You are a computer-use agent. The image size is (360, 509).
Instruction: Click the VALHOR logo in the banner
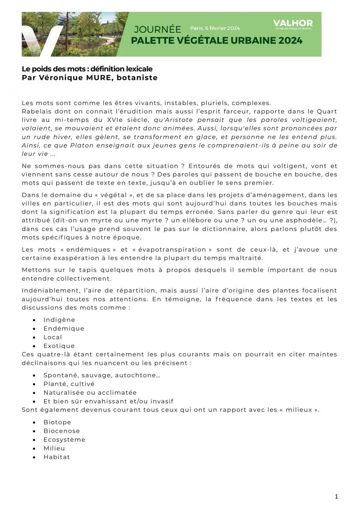pos(293,24)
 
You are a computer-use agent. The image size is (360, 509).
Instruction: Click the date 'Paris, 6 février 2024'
pos(215,28)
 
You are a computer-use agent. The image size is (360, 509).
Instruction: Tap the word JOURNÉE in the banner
pos(157,29)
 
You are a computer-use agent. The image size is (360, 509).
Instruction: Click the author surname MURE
pos(98,78)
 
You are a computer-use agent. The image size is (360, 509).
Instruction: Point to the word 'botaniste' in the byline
pos(137,78)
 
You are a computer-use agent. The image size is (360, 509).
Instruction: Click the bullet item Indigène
pos(59,320)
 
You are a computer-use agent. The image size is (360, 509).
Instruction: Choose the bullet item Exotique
pos(59,346)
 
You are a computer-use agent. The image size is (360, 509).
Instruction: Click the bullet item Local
pos(53,337)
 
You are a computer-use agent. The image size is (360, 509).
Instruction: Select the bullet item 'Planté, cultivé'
pos(69,384)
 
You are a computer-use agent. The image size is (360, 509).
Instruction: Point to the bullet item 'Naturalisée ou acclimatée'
pos(90,393)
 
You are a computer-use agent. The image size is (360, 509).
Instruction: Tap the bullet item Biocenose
pos(62,431)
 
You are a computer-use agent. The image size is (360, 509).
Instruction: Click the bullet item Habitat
pos(57,457)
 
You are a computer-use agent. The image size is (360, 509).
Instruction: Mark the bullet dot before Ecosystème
pos(34,440)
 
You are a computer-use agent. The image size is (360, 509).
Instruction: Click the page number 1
pos(336,496)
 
